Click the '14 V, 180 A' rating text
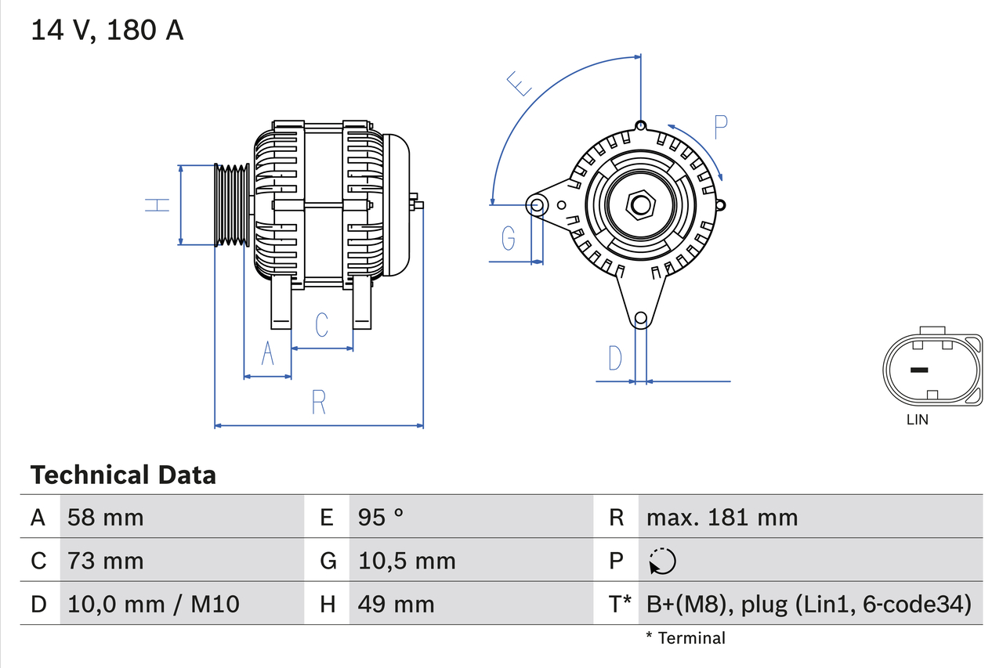(x=107, y=31)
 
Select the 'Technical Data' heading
(x=123, y=475)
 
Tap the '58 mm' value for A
(x=106, y=517)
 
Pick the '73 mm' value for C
(x=106, y=561)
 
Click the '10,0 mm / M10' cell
(x=154, y=604)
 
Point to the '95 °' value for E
(x=381, y=517)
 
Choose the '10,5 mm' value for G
(x=407, y=561)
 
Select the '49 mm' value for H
(x=396, y=604)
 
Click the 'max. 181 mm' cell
(x=722, y=517)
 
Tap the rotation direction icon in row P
(x=662, y=561)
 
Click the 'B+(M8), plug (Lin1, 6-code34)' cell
(x=809, y=604)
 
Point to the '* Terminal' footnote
(x=686, y=638)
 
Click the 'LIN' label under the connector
(x=917, y=420)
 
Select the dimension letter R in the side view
(x=318, y=402)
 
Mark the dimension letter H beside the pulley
(x=158, y=205)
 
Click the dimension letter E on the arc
(x=519, y=83)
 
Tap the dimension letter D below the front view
(x=616, y=358)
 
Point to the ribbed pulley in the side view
(x=232, y=205)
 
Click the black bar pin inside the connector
(x=918, y=370)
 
